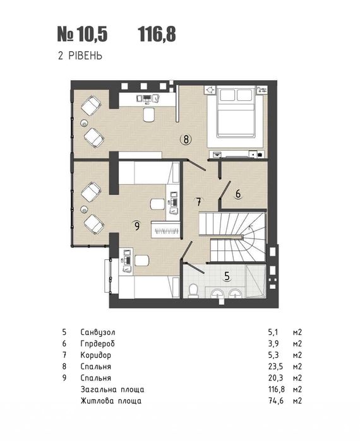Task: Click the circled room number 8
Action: coord(186,139)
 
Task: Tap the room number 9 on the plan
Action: coord(137,226)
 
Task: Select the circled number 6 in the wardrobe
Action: coord(238,194)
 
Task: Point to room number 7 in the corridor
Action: coord(198,201)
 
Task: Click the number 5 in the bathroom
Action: coord(227,276)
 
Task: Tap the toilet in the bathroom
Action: coord(193,291)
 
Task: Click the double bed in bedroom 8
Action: coord(236,113)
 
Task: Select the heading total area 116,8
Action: coord(157,35)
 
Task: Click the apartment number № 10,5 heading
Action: coord(83,35)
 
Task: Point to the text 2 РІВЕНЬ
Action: coord(80,56)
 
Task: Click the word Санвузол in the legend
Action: coord(98,332)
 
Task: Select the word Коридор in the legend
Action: coord(96,355)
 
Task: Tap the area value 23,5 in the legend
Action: coord(275,367)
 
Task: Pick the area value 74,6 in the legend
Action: coord(276,401)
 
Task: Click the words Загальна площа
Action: coord(112,389)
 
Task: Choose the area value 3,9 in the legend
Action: coord(273,344)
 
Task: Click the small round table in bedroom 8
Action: coord(83,122)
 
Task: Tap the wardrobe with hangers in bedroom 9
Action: coord(165,230)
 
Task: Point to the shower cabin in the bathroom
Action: coord(255,281)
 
